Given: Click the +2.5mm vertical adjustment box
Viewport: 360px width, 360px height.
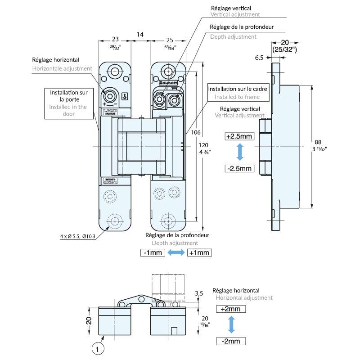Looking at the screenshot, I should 240,136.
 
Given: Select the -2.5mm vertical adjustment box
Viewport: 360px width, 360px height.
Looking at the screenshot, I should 240,168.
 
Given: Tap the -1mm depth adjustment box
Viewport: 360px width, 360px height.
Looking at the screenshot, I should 153,252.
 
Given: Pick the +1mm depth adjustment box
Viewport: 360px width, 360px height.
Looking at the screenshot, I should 199,252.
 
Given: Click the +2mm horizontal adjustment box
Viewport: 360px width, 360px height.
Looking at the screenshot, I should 231,309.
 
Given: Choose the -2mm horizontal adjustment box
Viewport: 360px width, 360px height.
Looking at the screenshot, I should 231,341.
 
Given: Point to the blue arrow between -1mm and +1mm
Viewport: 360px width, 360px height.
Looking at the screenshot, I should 176,253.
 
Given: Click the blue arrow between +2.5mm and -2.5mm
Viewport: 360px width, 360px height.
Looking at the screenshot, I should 240,152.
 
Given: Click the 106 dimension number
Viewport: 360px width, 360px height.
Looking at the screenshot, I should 195,132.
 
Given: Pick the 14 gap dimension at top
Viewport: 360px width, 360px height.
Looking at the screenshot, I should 140,34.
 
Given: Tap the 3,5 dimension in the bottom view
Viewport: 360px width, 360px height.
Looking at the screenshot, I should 199,293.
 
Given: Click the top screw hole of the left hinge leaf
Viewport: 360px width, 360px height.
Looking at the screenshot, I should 116,72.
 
